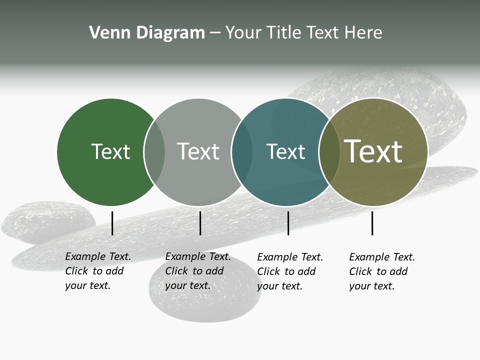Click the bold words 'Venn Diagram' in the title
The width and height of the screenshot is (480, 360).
click(147, 33)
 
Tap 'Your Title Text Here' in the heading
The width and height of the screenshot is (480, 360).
click(303, 33)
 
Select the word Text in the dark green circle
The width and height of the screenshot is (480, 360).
click(110, 151)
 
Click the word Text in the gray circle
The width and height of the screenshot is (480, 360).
click(198, 151)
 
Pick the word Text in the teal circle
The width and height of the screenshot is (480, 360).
click(285, 151)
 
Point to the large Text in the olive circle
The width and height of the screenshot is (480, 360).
click(373, 151)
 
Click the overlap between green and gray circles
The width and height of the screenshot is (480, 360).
click(154, 152)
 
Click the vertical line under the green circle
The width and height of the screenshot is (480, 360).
click(112, 223)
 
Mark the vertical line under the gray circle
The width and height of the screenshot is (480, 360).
click(200, 223)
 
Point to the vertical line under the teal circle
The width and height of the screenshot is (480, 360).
click(288, 223)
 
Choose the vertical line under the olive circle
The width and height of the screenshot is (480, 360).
click(372, 223)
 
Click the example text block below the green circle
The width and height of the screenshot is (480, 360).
click(97, 271)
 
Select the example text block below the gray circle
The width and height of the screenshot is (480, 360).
click(197, 271)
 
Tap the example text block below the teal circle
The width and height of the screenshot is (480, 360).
click(289, 271)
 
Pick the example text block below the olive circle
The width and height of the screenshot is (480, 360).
click(381, 271)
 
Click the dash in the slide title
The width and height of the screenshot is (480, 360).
click(215, 33)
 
